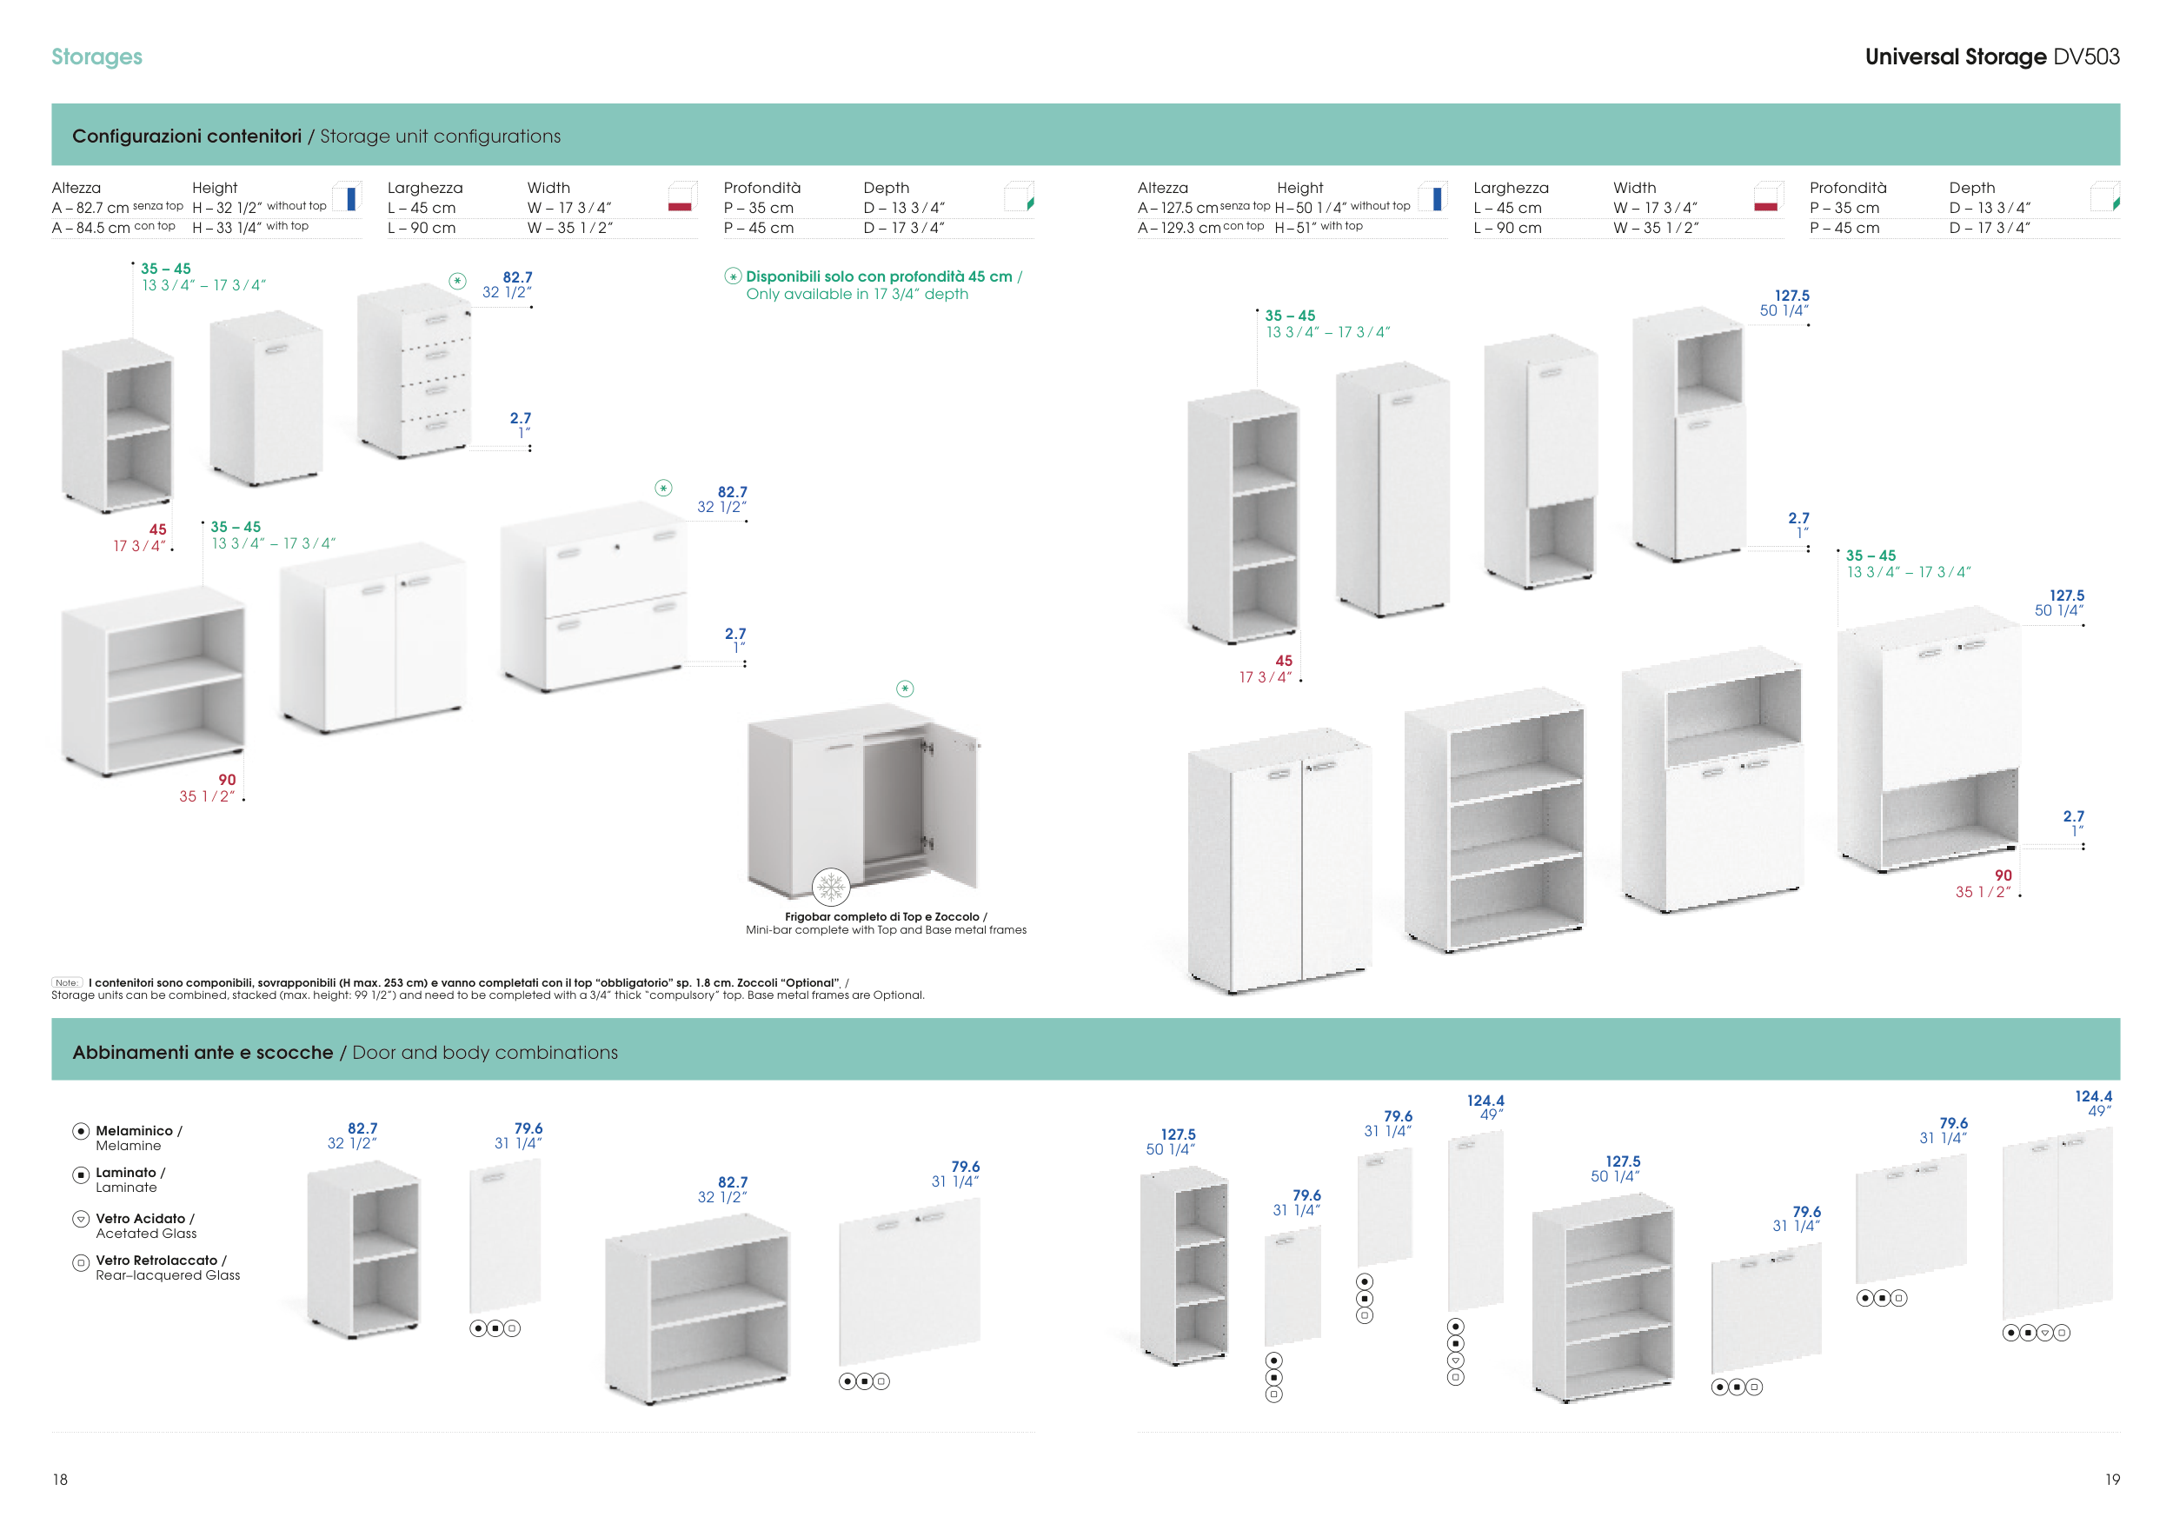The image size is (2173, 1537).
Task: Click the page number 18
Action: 60,1480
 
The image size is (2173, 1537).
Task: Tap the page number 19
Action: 2111,1480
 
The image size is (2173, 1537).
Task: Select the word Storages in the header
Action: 96,57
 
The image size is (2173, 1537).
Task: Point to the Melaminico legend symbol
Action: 81,1131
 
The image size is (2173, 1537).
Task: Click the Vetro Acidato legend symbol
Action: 81,1219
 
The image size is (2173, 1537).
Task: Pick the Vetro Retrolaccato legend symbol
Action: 81,1261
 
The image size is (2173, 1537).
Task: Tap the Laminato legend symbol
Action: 81,1174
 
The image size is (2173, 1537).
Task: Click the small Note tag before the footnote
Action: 66,982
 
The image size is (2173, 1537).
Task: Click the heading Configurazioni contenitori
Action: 187,136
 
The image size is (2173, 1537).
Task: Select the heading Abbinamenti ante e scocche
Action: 203,1053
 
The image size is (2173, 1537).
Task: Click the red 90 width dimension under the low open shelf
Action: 227,780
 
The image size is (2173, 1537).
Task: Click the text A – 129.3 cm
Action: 1179,228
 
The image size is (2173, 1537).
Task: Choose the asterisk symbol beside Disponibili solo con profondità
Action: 733,276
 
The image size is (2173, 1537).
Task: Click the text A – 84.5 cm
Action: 91,228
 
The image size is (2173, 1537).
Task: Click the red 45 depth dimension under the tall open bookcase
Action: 1282,661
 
